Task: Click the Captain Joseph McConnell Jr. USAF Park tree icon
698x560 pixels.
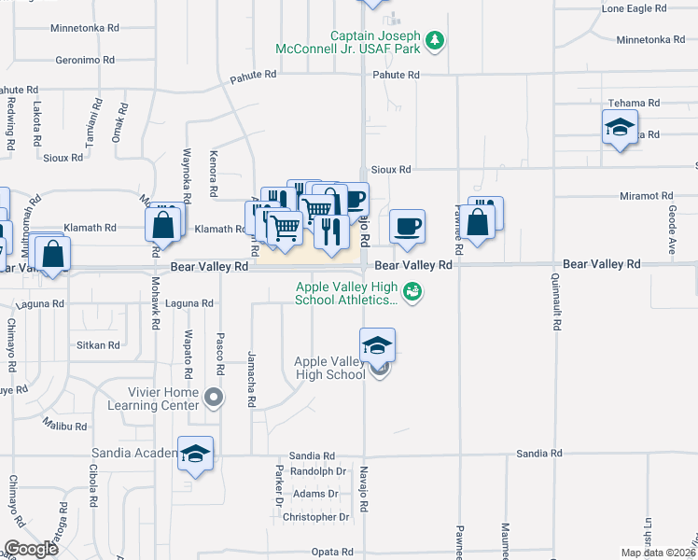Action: [x=434, y=40]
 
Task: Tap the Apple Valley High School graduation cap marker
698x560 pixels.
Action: [x=377, y=346]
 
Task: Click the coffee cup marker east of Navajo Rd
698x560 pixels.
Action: [x=407, y=227]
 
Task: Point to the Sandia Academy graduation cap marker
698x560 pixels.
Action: [x=195, y=455]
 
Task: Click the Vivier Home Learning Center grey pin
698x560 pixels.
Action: [x=215, y=399]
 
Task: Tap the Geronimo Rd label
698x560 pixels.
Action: [x=85, y=59]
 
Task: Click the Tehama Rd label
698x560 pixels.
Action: [x=634, y=103]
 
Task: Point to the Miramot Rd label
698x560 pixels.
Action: [x=646, y=196]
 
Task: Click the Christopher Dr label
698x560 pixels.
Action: [x=315, y=517]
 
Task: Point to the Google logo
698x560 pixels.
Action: [x=31, y=548]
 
